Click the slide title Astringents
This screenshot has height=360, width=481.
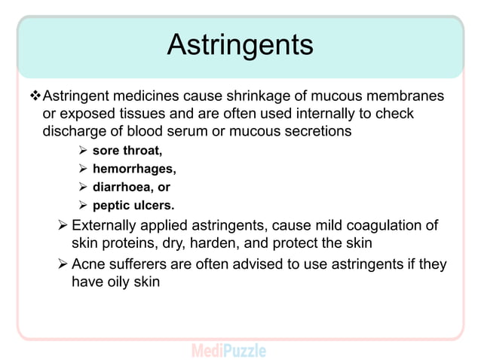pos(240,45)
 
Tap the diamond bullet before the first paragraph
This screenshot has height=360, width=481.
pos(33,96)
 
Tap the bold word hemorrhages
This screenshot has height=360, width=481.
pos(134,169)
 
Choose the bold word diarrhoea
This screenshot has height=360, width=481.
pos(125,188)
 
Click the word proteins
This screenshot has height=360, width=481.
pos(133,243)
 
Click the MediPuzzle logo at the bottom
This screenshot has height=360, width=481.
pos(228,350)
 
